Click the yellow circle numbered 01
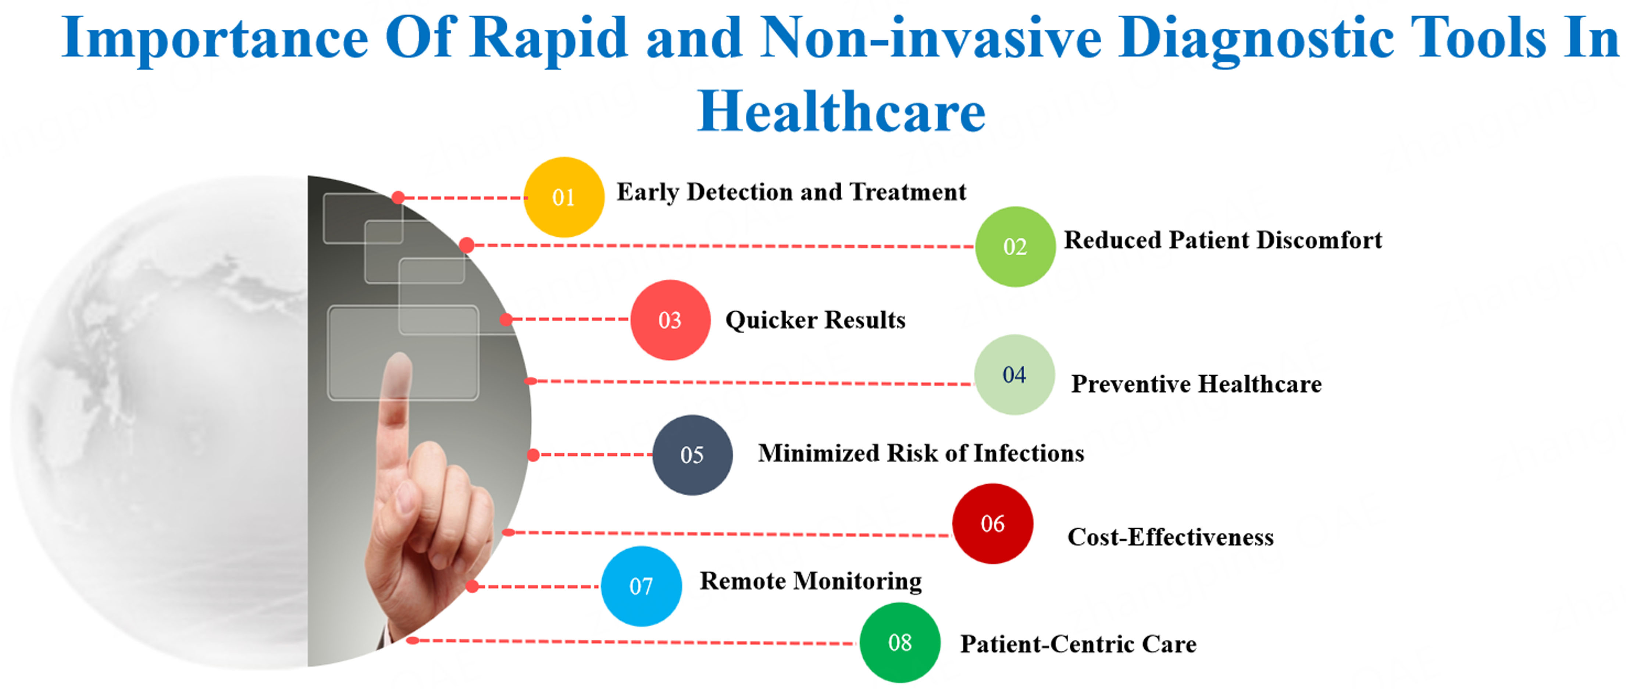pos(564,197)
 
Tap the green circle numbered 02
pos(1015,246)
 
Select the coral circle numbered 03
pos(670,320)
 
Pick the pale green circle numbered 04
pos(1015,374)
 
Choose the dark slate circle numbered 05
pos(692,454)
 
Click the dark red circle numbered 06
pos(992,523)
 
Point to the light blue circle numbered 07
pos(641,586)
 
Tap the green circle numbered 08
pos(900,642)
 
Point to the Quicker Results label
pos(816,320)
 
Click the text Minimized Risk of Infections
pos(921,453)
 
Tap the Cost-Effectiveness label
pos(1171,537)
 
